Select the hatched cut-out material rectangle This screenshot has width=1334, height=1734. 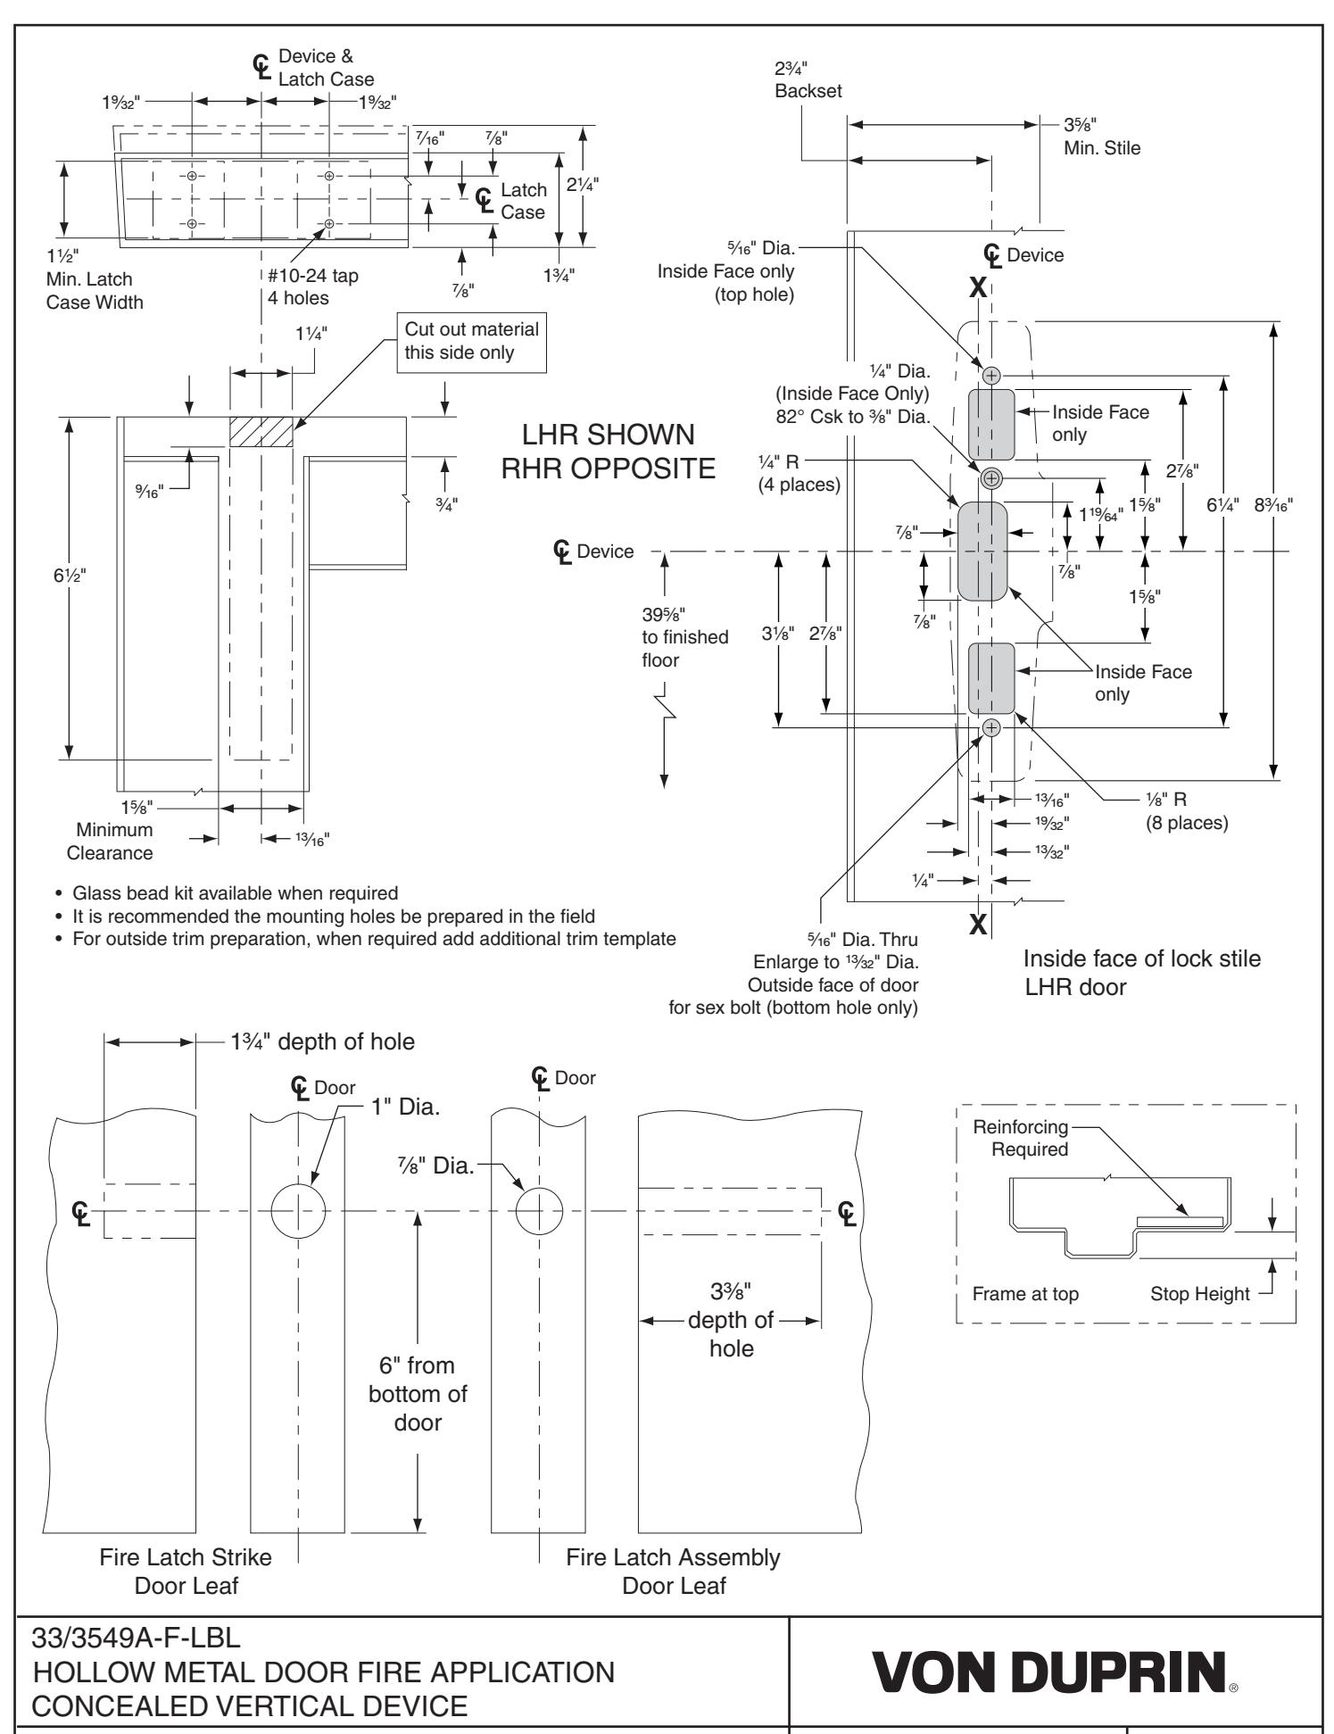coord(261,432)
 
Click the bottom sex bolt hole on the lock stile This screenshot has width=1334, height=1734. coord(991,728)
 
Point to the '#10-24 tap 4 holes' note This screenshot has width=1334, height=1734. coord(312,286)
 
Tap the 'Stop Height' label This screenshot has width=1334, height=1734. coord(1199,1294)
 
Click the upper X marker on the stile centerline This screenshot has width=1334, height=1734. coord(979,287)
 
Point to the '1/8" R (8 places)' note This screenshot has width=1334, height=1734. coord(1186,809)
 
